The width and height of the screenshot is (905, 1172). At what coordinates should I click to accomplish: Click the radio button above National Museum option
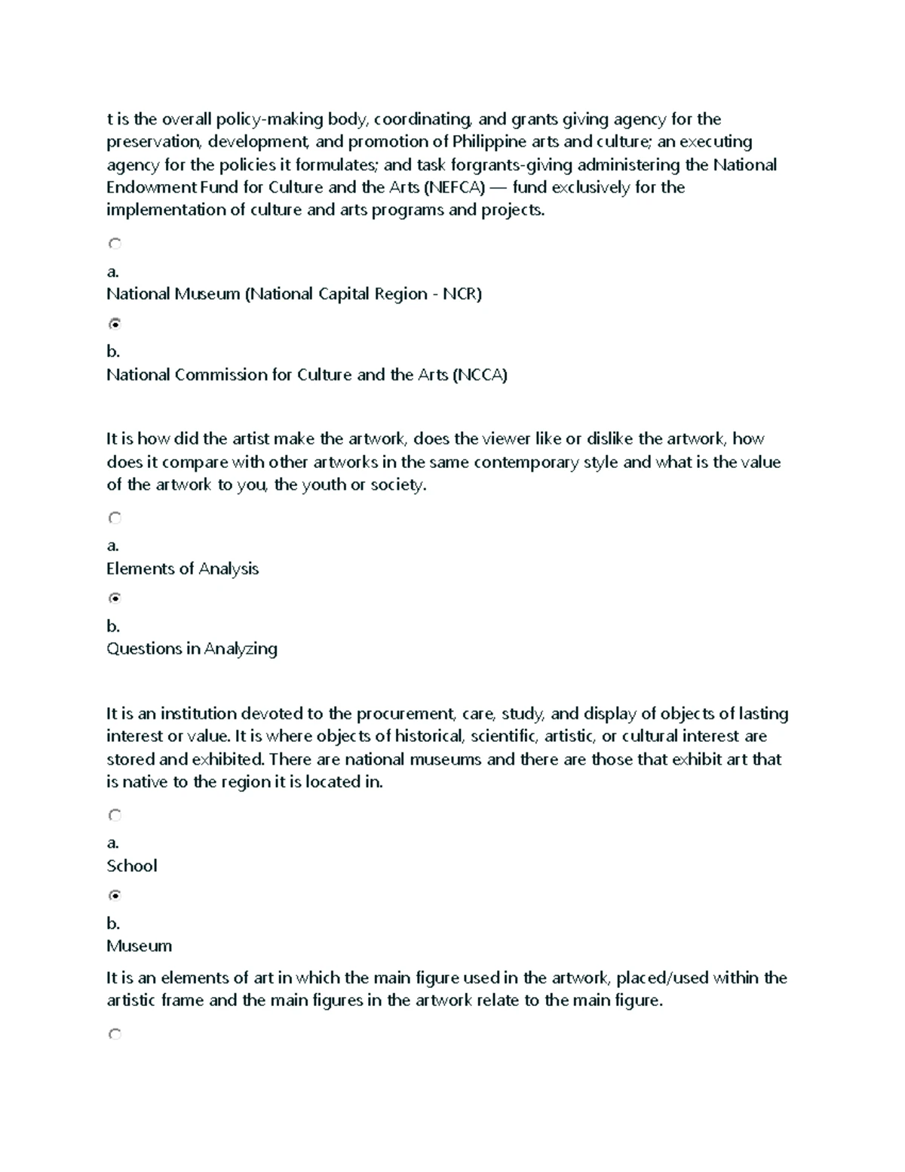point(115,244)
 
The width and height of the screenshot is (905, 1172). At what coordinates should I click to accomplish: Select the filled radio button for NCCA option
point(115,324)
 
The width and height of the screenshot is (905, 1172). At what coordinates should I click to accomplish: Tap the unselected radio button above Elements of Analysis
point(115,518)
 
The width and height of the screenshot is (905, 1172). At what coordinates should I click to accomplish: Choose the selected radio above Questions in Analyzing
point(115,598)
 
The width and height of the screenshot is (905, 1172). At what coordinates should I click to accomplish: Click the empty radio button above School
point(115,815)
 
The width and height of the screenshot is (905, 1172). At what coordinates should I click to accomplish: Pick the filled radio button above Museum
point(115,896)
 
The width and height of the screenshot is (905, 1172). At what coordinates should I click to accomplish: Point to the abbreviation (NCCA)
point(480,375)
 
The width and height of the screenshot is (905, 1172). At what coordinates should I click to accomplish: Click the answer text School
point(132,866)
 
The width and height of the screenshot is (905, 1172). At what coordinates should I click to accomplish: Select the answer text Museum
point(139,946)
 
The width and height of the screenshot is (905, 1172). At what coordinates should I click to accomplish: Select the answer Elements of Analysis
point(183,569)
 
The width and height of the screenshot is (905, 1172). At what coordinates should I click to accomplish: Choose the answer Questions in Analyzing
point(192,649)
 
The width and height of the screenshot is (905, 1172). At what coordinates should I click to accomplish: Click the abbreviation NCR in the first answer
point(460,294)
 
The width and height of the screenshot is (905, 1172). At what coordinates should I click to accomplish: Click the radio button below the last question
point(115,1035)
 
